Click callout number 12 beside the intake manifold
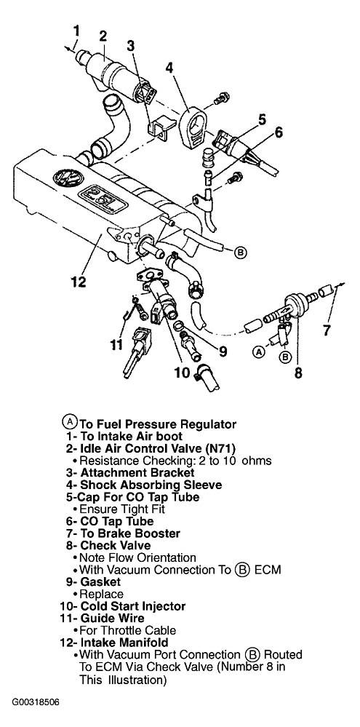[x=79, y=282]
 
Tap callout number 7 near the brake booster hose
[x=327, y=330]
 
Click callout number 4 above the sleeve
[x=169, y=68]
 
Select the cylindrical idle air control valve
[x=114, y=74]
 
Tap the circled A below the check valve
[x=259, y=352]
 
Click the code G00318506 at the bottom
[x=36, y=702]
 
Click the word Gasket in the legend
[x=100, y=581]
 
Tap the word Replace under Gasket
[x=101, y=594]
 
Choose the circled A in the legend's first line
[x=69, y=422]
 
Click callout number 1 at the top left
[x=76, y=31]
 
